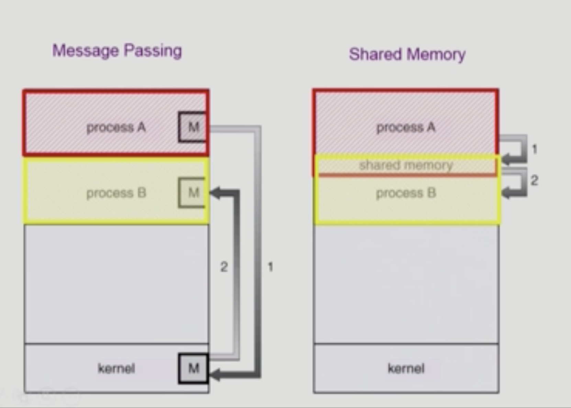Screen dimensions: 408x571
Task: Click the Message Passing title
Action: [x=117, y=51]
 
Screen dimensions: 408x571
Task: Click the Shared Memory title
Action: [x=407, y=54]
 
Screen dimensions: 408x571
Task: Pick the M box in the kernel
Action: [x=193, y=369]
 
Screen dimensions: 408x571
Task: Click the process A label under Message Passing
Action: [x=116, y=127]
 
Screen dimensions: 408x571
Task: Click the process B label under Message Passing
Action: [x=116, y=193]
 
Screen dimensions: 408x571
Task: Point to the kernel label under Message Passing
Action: [x=116, y=369]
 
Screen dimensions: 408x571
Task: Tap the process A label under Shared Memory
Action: [x=406, y=127]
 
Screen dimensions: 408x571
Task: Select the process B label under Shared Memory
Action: [x=406, y=193]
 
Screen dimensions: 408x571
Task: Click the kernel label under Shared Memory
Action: [x=406, y=369]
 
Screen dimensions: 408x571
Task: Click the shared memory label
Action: [x=406, y=166]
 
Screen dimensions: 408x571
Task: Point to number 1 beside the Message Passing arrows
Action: [x=270, y=267]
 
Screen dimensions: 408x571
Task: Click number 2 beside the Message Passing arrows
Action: [x=224, y=267]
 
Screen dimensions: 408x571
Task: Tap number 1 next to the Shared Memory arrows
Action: [x=534, y=149]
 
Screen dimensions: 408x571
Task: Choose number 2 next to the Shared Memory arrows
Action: [x=534, y=180]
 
